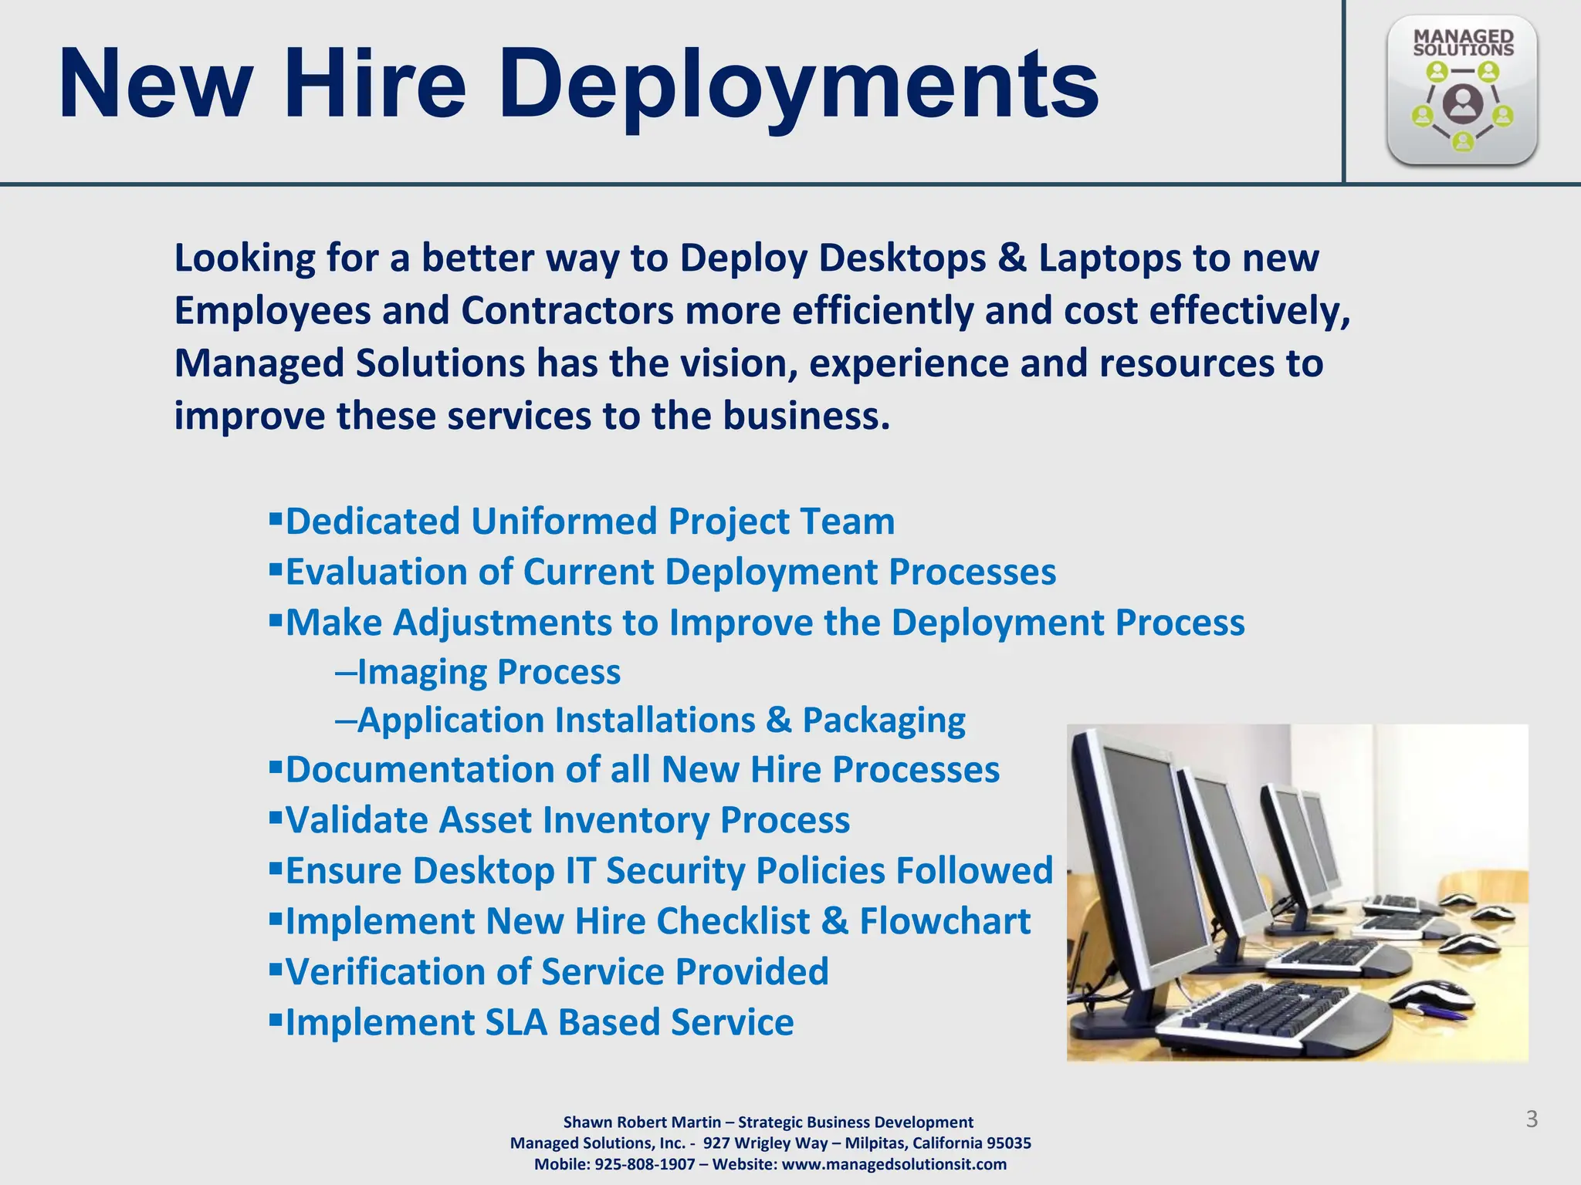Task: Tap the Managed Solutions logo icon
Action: point(1462,90)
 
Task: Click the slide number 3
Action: point(1532,1119)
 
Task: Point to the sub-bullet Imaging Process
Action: point(489,672)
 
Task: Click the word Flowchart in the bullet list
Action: point(945,921)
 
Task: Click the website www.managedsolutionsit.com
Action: point(894,1164)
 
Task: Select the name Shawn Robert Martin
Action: point(642,1123)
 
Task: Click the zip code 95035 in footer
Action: point(1008,1143)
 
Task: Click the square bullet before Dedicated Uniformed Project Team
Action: point(276,517)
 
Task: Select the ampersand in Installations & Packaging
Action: point(779,721)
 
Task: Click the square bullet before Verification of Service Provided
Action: point(276,967)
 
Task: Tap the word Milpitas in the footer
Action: point(875,1143)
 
